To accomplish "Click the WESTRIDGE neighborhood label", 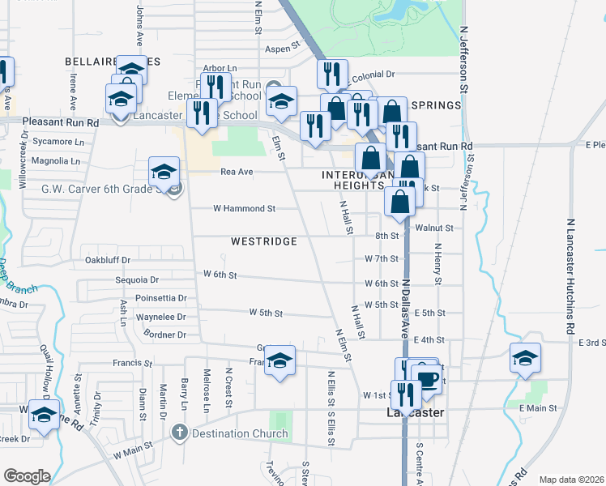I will click(263, 241).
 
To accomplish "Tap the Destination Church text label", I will click(240, 433).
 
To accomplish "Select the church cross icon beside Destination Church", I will click(180, 433).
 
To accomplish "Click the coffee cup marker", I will click(426, 379).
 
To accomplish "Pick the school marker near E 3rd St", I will click(525, 357).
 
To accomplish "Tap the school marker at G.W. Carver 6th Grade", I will click(164, 172).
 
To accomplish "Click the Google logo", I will click(28, 476).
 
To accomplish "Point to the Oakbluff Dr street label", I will click(108, 260).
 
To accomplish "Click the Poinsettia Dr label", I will click(161, 298).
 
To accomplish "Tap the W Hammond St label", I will click(244, 208).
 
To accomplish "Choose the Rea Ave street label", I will click(237, 172).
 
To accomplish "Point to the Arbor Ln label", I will click(220, 68).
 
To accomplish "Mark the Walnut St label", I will click(433, 228).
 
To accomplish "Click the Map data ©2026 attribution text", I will click(571, 480).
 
